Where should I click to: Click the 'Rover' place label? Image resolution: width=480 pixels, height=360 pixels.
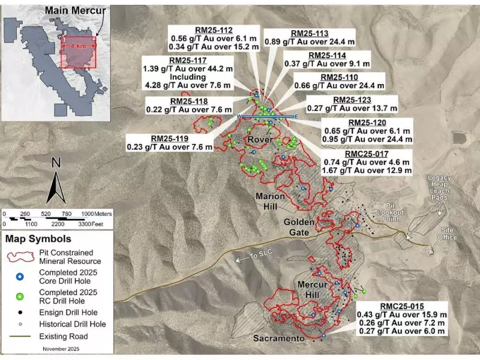tap(260, 140)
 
